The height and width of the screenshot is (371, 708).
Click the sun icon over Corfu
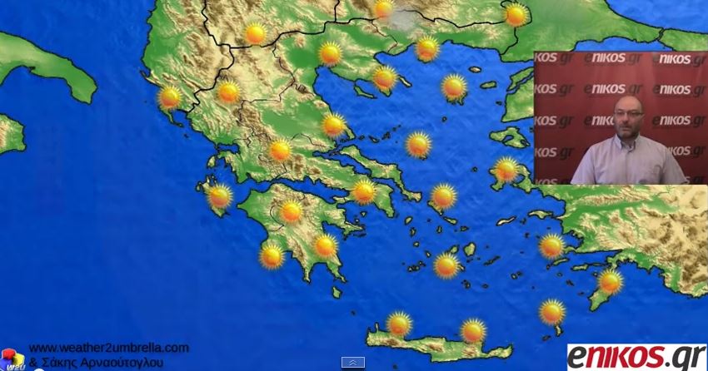(170, 97)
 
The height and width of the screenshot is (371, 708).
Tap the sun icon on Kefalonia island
(220, 196)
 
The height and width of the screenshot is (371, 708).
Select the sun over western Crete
(400, 323)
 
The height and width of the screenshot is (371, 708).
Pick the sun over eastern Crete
(473, 330)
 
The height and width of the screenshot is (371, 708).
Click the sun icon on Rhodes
(611, 282)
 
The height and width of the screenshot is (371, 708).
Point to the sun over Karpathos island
(551, 312)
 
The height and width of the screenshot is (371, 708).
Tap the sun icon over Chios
(506, 170)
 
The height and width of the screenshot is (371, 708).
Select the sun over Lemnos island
(454, 87)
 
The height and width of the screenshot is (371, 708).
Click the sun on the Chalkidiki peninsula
(385, 78)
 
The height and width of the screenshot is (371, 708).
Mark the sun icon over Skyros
(418, 145)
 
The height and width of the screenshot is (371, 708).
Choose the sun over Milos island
(446, 265)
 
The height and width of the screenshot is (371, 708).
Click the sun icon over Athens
(363, 191)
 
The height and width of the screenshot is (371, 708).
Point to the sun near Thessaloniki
(330, 53)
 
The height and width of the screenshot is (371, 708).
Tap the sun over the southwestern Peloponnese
(272, 255)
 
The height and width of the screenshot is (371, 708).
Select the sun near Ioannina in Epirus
(228, 92)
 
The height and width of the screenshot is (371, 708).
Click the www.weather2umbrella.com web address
(109, 348)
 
